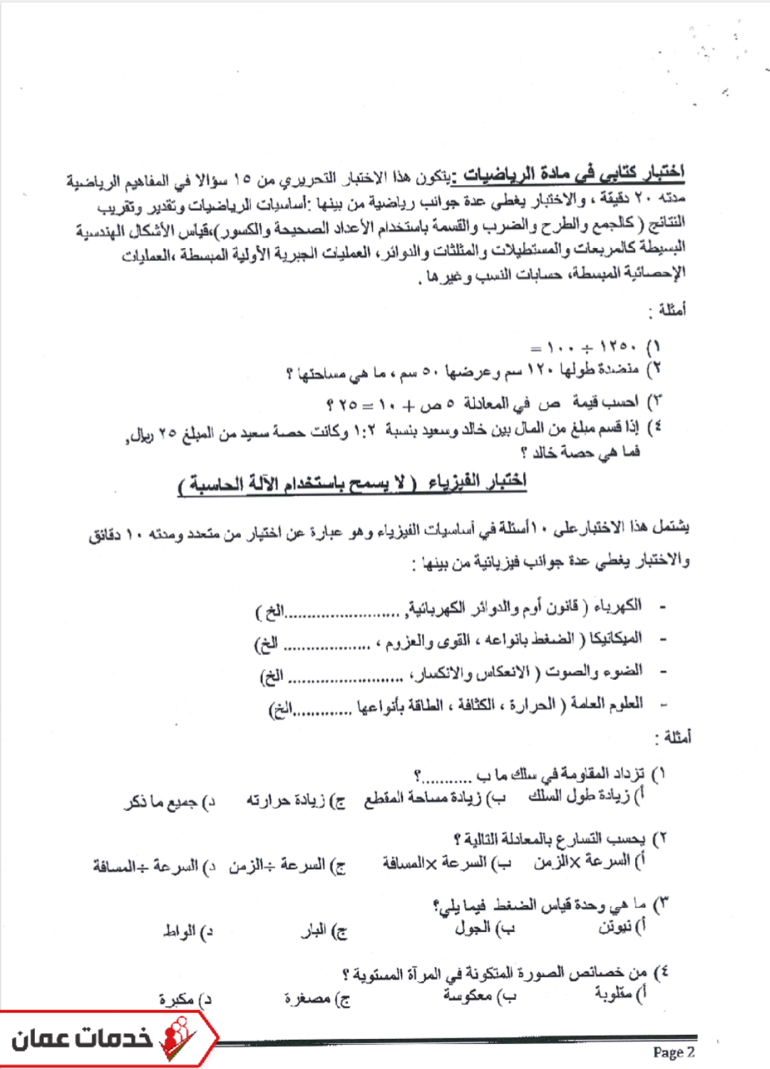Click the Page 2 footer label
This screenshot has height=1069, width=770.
673,1052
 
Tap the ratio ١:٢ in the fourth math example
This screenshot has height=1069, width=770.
366,430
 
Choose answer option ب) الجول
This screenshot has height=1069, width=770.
484,928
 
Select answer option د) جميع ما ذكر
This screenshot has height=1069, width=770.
170,802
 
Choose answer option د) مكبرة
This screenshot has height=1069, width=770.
185,999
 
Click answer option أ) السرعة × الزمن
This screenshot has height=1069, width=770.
589,862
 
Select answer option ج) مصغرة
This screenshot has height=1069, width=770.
317,999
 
